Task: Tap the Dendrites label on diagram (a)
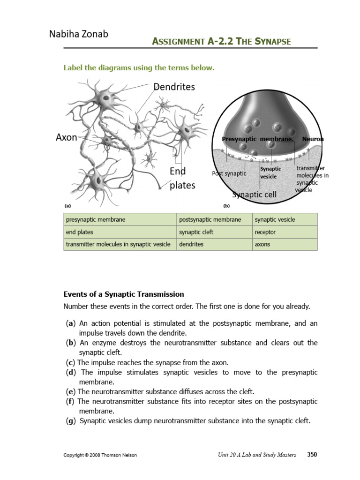pyautogui.click(x=174, y=87)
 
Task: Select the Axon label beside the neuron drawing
pyautogui.click(x=67, y=137)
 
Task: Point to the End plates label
pyautogui.click(x=182, y=178)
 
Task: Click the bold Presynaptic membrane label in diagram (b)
pyautogui.click(x=257, y=139)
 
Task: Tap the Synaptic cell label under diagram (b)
pyautogui.click(x=255, y=194)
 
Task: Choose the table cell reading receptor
pyautogui.click(x=265, y=232)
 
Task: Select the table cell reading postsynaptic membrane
pyautogui.click(x=210, y=219)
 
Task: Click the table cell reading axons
pyautogui.click(x=262, y=244)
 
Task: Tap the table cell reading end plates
pyautogui.click(x=80, y=232)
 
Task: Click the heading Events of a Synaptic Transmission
pyautogui.click(x=124, y=294)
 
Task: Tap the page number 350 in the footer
pyautogui.click(x=312, y=455)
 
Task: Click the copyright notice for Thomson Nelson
pyautogui.click(x=100, y=455)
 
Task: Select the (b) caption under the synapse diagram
pyautogui.click(x=226, y=205)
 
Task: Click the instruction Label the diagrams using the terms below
pyautogui.click(x=139, y=68)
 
